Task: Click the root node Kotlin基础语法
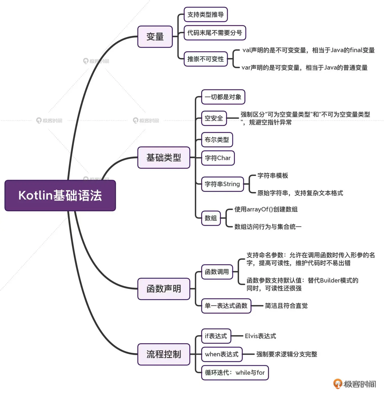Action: point(60,195)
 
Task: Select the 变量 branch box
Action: point(155,37)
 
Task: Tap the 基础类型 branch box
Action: point(164,157)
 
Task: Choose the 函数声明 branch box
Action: point(164,289)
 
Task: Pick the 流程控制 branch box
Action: point(164,354)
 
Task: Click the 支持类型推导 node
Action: point(206,14)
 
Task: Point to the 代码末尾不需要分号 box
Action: point(215,33)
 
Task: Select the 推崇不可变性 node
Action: point(206,59)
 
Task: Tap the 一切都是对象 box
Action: point(223,97)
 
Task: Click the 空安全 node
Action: point(214,118)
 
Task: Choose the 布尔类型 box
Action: point(217,139)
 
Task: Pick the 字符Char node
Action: point(218,158)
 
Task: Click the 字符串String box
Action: point(222,184)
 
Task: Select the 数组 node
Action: point(211,218)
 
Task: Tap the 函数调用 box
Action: point(217,272)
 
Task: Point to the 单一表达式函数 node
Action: point(226,306)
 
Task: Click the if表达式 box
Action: point(216,336)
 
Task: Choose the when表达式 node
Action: point(222,354)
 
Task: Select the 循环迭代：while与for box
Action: point(235,372)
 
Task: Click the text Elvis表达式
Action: point(260,336)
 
